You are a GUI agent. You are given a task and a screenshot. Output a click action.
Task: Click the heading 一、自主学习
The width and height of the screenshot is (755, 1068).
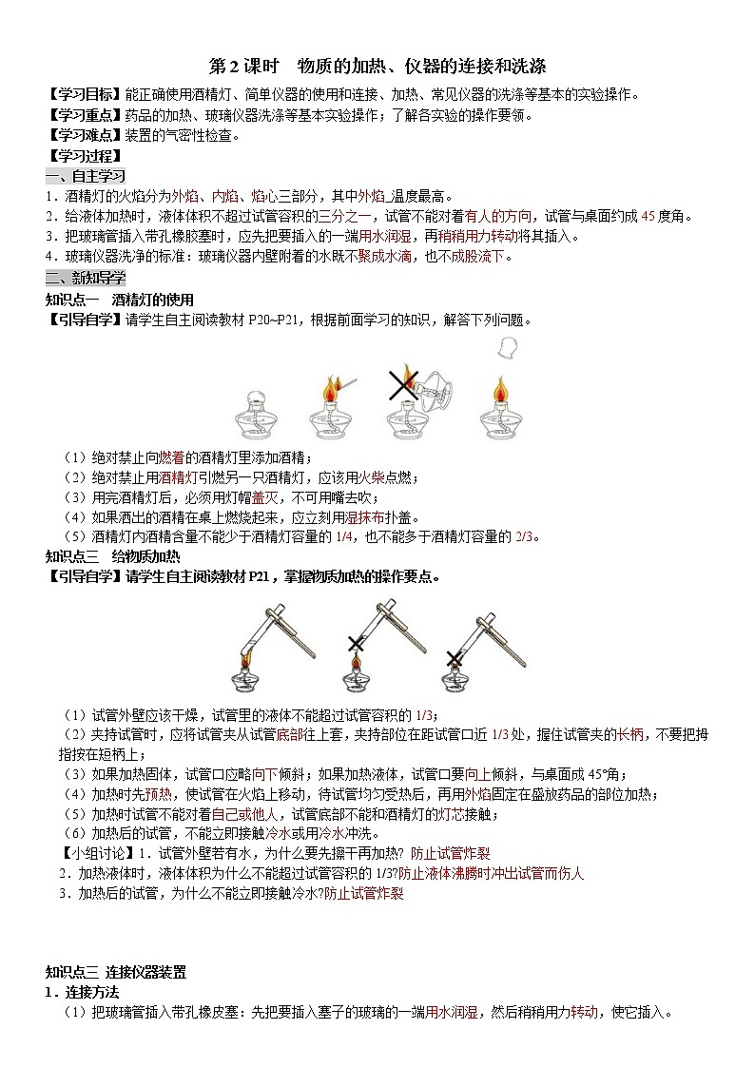(x=85, y=176)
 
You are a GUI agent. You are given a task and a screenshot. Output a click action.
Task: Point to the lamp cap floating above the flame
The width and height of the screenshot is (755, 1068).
(x=511, y=348)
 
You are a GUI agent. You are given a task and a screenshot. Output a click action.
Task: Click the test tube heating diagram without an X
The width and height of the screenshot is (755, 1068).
(x=266, y=646)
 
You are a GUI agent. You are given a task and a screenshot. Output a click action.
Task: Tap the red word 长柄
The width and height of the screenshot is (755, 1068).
(x=629, y=734)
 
